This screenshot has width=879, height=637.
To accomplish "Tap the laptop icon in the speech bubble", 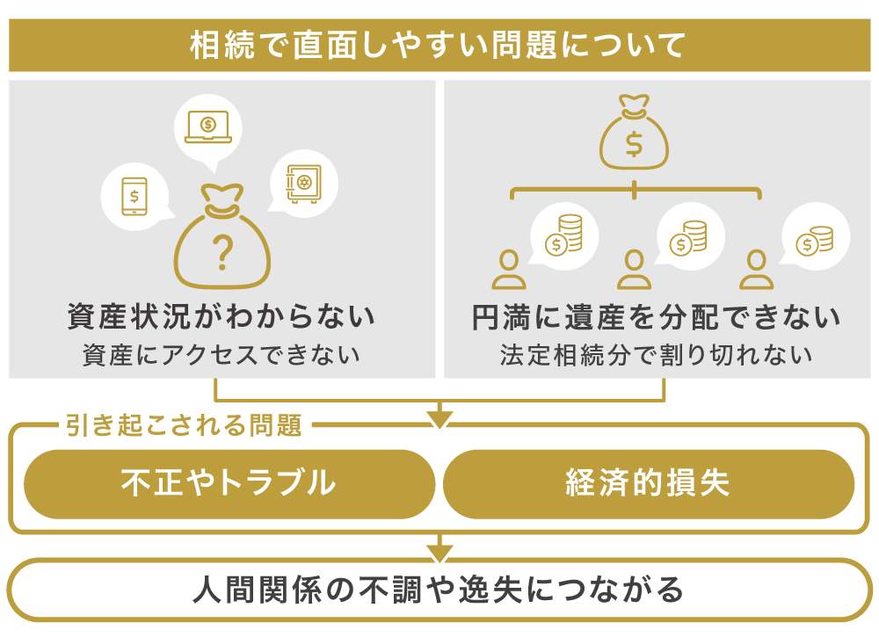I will pos(207,127).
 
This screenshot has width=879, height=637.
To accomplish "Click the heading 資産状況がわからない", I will pos(222,316).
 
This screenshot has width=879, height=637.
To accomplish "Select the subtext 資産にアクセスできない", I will pos(222,356).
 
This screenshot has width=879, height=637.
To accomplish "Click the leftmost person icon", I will pos(508,270).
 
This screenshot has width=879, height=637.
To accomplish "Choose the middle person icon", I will pos(634,270).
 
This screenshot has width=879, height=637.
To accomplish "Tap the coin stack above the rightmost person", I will pos(816,239).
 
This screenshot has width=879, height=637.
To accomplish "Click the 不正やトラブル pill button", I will pos(229,483).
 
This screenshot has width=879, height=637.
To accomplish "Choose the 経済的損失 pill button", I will pos(648,483).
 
